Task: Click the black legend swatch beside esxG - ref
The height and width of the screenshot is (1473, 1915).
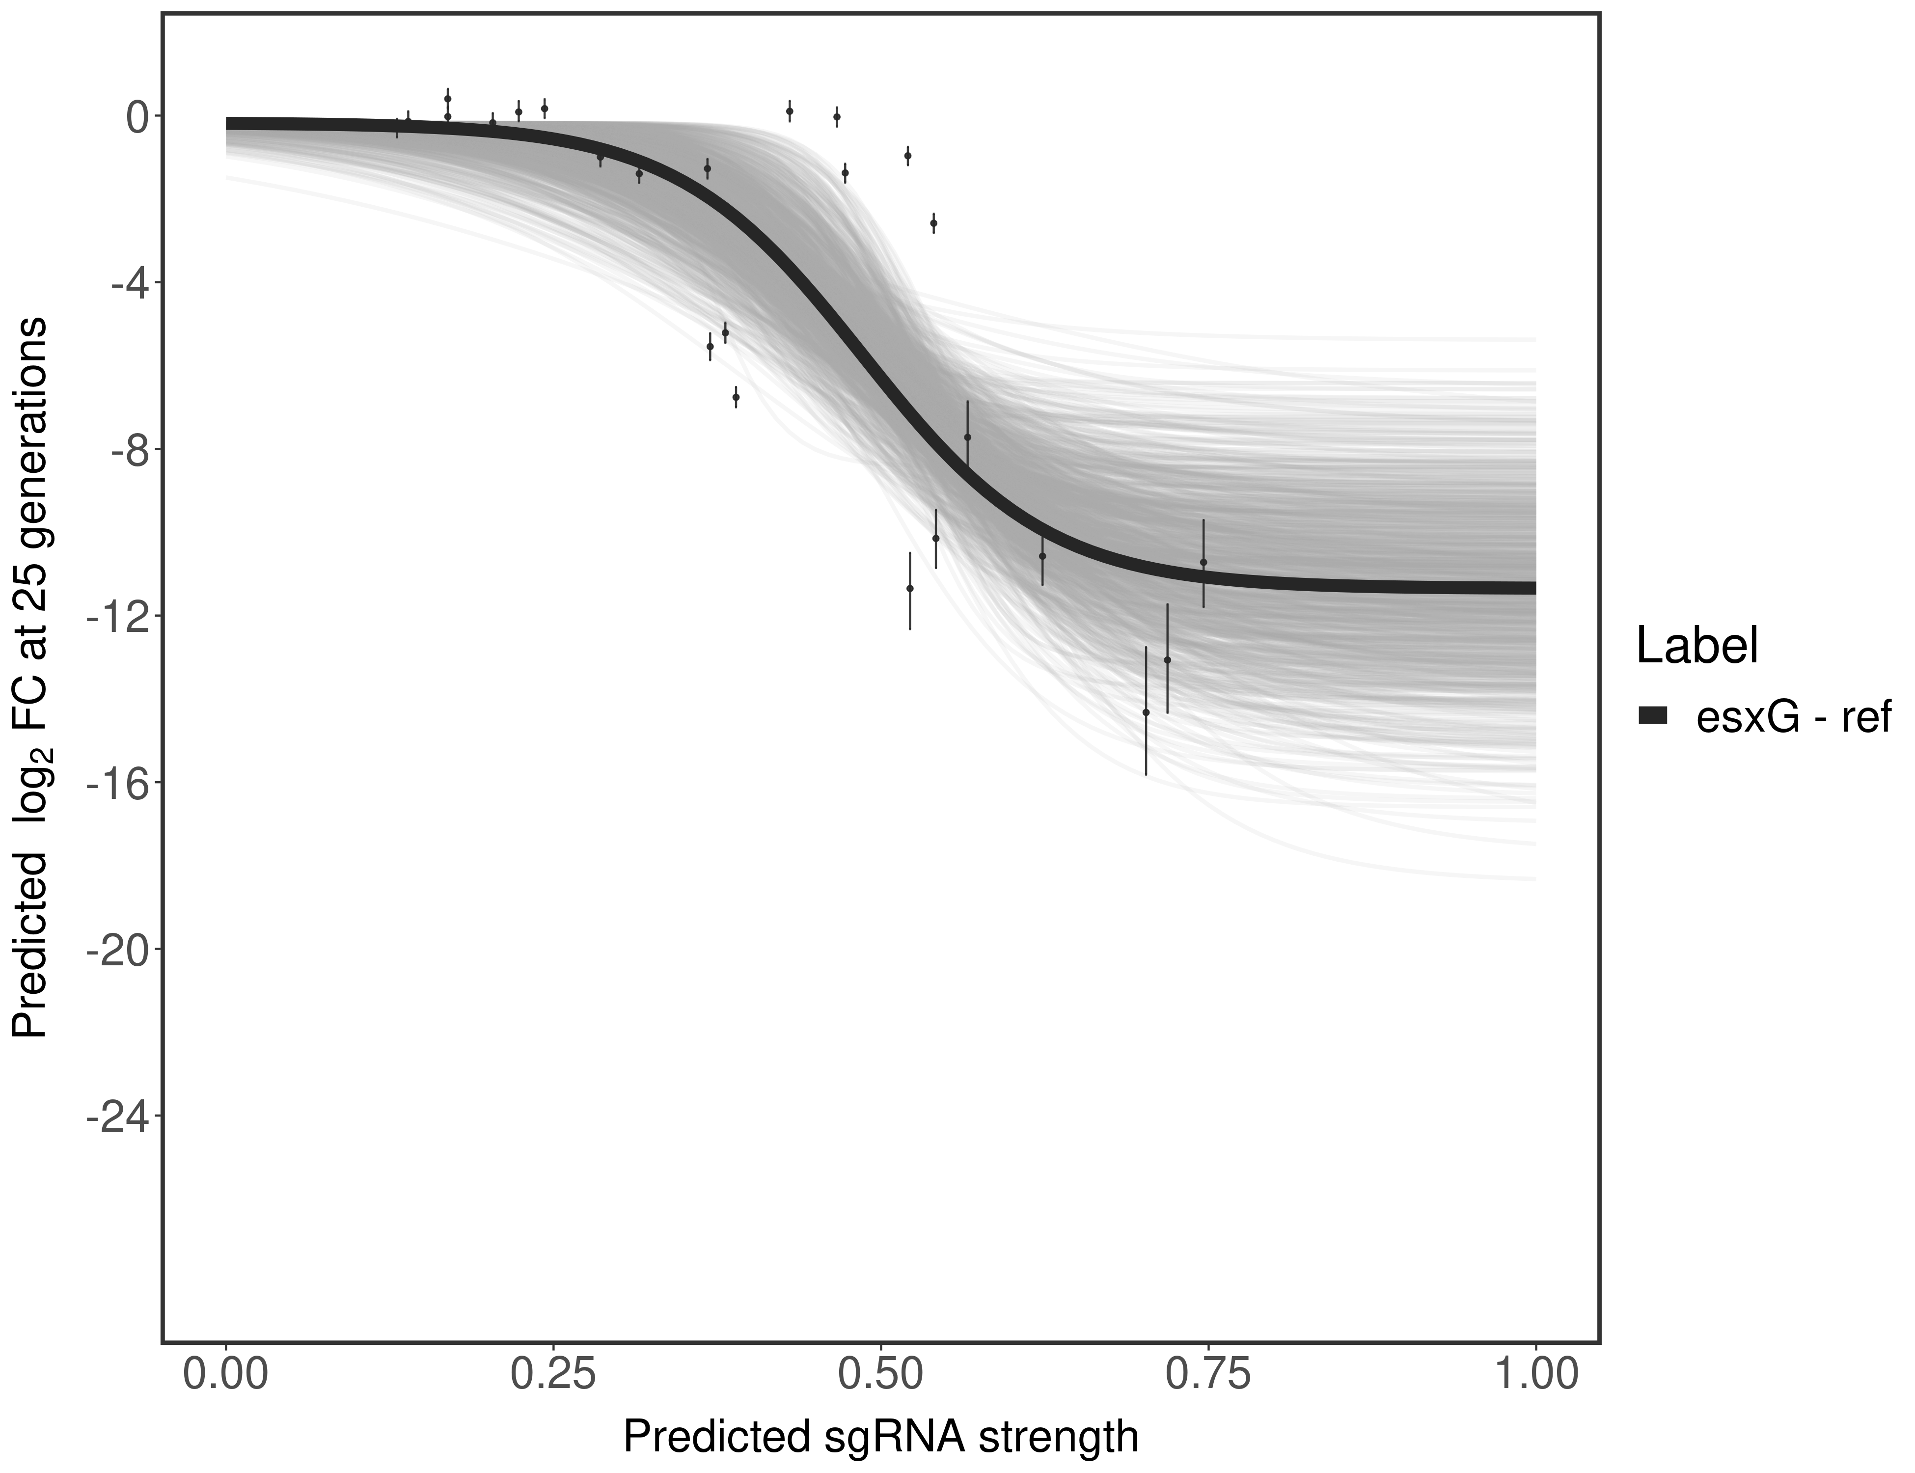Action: point(1653,716)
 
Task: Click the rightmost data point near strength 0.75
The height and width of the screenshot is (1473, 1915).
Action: point(1203,562)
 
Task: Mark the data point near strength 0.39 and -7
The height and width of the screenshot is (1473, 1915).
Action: point(736,397)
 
